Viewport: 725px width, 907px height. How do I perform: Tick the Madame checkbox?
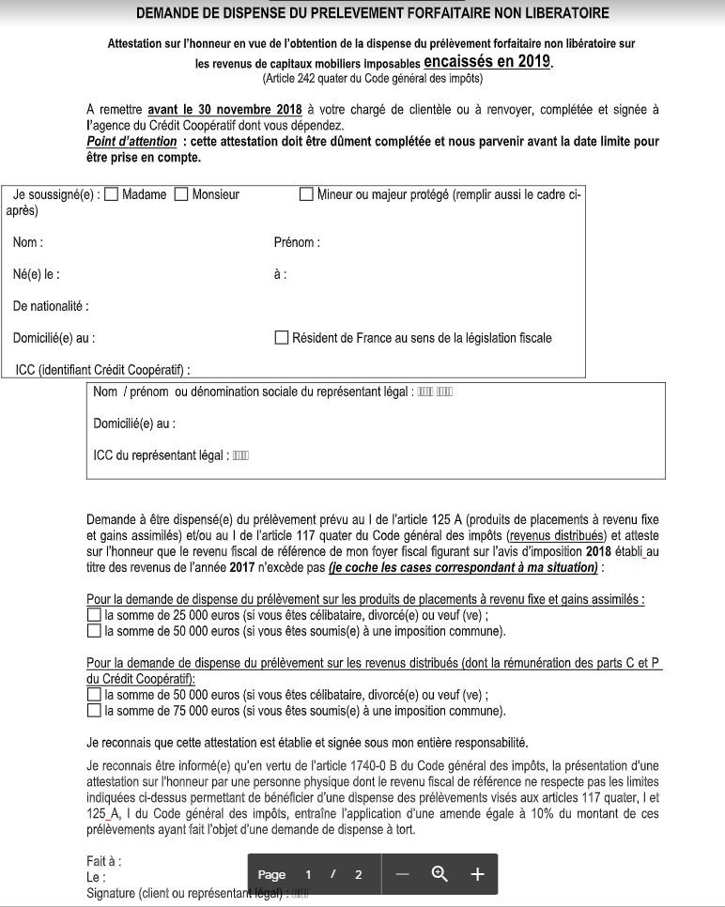click(x=111, y=195)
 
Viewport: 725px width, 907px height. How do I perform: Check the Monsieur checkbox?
click(x=181, y=195)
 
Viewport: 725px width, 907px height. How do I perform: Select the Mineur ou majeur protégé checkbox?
click(x=306, y=195)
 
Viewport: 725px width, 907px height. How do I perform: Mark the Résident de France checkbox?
click(x=281, y=338)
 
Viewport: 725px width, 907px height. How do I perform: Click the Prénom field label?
click(x=296, y=243)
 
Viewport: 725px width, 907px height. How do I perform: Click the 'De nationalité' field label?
click(x=51, y=306)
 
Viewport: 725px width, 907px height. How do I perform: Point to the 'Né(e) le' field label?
click(x=36, y=275)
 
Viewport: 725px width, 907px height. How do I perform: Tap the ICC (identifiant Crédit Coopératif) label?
click(x=102, y=370)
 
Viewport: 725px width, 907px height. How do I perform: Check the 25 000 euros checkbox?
click(x=93, y=615)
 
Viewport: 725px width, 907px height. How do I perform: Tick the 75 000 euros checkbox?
click(x=93, y=711)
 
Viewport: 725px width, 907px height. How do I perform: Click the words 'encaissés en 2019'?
click(x=487, y=62)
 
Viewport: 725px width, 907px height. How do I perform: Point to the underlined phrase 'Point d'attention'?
click(x=131, y=142)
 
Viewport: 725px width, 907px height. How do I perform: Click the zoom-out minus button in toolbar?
click(x=403, y=874)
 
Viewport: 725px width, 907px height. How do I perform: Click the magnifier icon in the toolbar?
click(x=439, y=874)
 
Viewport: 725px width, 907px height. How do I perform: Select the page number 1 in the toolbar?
click(x=308, y=874)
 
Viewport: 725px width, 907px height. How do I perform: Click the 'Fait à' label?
click(x=103, y=861)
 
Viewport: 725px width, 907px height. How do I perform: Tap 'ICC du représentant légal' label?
click(x=159, y=455)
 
